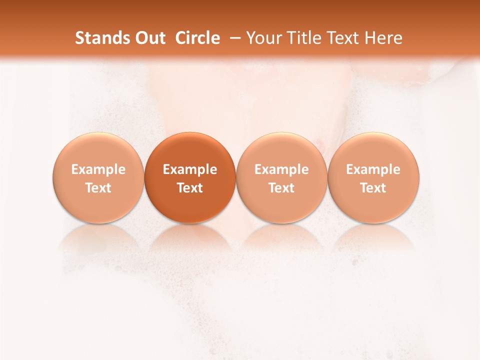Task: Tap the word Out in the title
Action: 149,38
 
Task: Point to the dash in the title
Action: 233,38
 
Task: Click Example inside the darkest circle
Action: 190,169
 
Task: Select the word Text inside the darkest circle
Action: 190,188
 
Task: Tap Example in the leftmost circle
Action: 98,169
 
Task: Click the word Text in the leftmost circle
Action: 98,188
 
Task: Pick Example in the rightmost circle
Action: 373,169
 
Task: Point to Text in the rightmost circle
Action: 373,188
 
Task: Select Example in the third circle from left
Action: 281,169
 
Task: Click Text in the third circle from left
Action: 281,188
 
